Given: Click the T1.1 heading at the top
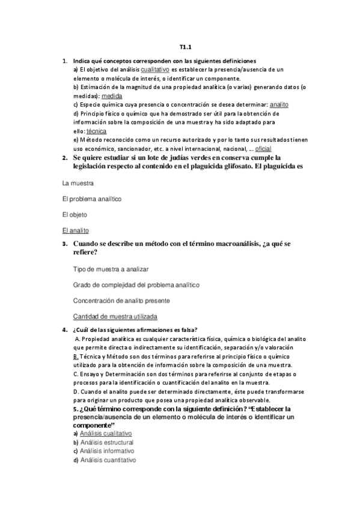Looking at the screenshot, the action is [x=185, y=47].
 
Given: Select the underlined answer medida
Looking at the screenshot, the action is [x=111, y=96].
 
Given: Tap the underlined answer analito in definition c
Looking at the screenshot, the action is [x=279, y=104].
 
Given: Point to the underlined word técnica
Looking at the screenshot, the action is [x=96, y=131].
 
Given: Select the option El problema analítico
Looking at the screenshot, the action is [x=92, y=198].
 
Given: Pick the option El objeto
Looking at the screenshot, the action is [x=75, y=214].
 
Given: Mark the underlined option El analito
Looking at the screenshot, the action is [x=76, y=230].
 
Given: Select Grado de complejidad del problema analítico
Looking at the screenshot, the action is [x=136, y=284].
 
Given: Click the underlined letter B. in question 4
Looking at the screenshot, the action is [x=76, y=357].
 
